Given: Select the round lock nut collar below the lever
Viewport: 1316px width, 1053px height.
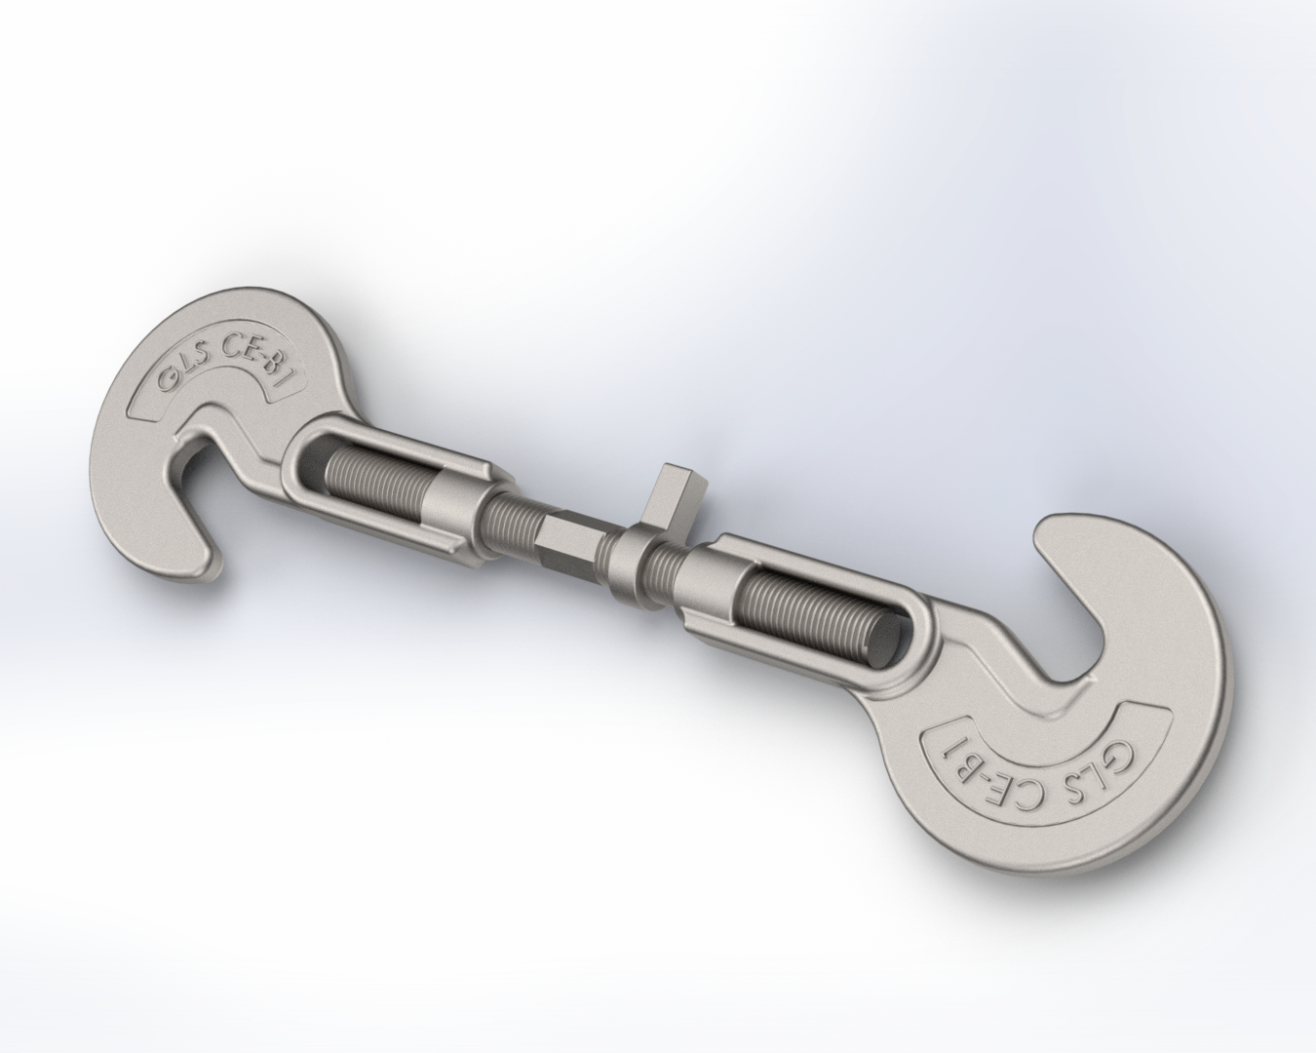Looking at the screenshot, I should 625,567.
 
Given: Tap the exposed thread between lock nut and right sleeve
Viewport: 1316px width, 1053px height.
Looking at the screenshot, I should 667,565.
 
